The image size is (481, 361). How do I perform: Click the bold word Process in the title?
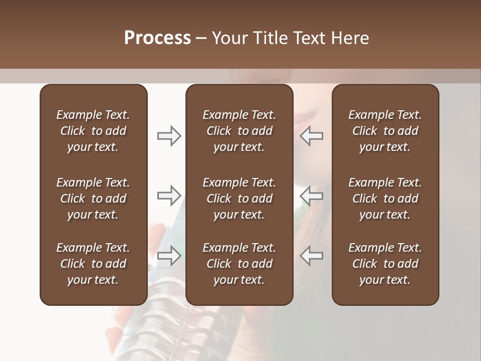[157, 38]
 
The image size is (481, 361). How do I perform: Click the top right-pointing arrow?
[169, 136]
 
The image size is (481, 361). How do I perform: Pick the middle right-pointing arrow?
[169, 195]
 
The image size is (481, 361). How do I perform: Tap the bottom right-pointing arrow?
[169, 255]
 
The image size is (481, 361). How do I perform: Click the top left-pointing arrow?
[312, 136]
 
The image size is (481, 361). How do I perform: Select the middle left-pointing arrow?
[312, 195]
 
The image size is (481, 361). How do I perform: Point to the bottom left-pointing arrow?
[312, 255]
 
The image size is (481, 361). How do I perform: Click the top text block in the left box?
[93, 131]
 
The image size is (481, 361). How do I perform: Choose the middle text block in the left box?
[93, 199]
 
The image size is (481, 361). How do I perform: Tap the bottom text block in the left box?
[93, 264]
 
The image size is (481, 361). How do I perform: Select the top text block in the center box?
[239, 131]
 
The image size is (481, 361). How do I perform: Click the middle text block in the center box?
[239, 199]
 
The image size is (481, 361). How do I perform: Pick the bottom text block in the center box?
[239, 264]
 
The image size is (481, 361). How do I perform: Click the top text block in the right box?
[385, 131]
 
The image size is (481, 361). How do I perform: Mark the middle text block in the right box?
[385, 199]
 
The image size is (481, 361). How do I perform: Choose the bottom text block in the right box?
[385, 264]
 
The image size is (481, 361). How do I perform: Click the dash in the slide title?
[201, 39]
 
